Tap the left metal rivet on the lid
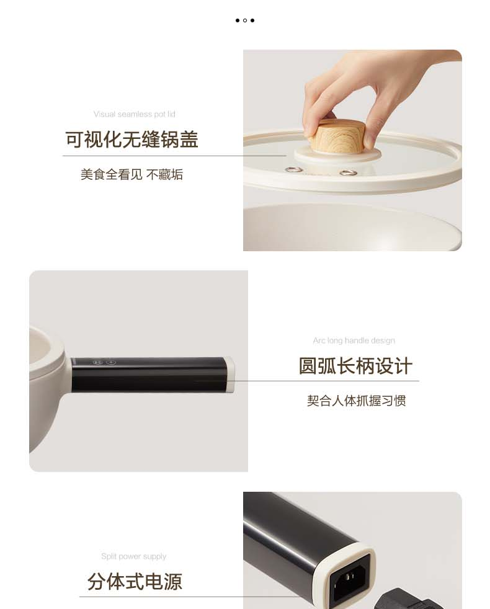[x=294, y=169]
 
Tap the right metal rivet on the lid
[x=348, y=172]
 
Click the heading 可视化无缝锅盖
[x=131, y=140]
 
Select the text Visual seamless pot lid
[x=135, y=114]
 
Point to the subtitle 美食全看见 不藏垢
[x=131, y=174]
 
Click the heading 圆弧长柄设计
[x=355, y=366]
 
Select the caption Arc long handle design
[x=354, y=340]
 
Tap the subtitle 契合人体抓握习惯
[x=356, y=401]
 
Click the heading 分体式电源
[x=135, y=582]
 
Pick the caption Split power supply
[x=134, y=556]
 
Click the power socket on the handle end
[x=350, y=576]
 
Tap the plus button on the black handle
[x=111, y=362]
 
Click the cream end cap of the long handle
[x=230, y=374]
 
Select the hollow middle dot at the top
[x=245, y=20]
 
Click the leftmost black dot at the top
[x=238, y=20]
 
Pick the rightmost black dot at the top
[x=252, y=20]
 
